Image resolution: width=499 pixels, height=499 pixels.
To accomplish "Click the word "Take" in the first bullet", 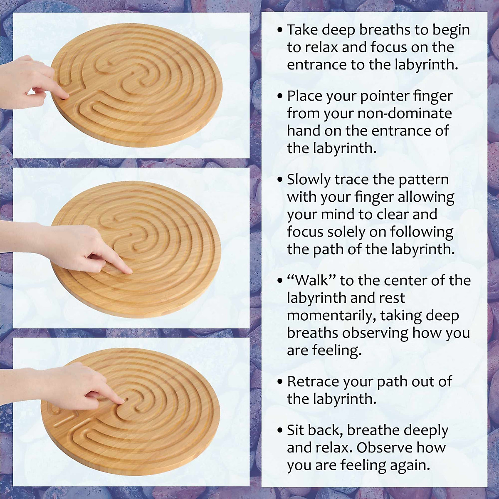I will pyautogui.click(x=300, y=30).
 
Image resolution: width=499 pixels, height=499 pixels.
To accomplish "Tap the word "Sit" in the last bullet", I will pyautogui.click(x=296, y=430).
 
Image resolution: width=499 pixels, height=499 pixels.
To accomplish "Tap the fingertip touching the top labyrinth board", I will pyautogui.click(x=65, y=96).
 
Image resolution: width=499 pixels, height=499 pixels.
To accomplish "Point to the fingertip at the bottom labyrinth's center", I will pyautogui.click(x=124, y=400).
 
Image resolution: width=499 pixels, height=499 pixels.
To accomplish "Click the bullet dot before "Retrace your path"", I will pyautogui.click(x=281, y=382).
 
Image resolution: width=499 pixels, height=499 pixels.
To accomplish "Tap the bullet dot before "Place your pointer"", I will pyautogui.click(x=281, y=96).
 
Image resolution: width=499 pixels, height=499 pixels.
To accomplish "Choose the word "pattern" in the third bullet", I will pyautogui.click(x=424, y=180).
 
